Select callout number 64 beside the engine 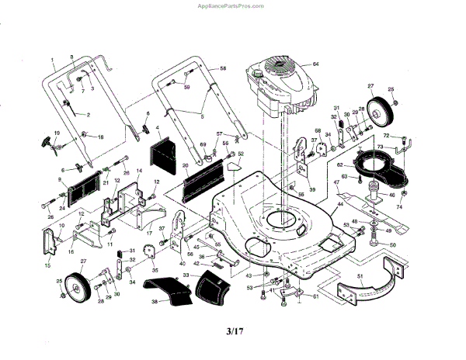(x=316, y=63)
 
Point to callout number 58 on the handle (x=223, y=69)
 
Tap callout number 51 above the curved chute (x=360, y=275)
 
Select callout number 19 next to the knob (x=56, y=133)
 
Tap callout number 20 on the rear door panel (x=186, y=166)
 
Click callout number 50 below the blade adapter (x=391, y=244)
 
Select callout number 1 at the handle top (x=53, y=61)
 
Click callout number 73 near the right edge (x=381, y=146)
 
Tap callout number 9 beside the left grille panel (x=58, y=181)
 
